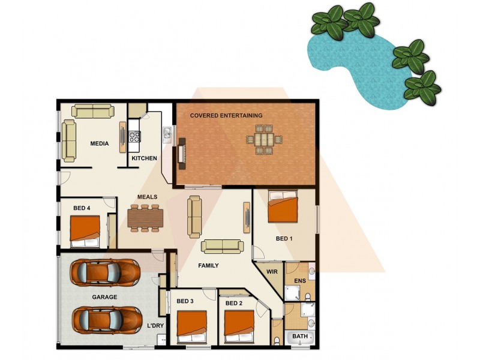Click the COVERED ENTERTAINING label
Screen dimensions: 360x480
pyautogui.click(x=226, y=115)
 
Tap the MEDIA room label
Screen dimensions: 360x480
pyautogui.click(x=100, y=144)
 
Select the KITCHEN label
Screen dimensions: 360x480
pyautogui.click(x=145, y=158)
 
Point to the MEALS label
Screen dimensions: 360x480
pyautogui.click(x=147, y=197)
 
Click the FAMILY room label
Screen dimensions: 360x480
pyautogui.click(x=208, y=265)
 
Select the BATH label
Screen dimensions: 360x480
pyautogui.click(x=300, y=337)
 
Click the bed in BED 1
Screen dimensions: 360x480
pyautogui.click(x=282, y=207)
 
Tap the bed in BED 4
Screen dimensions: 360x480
pyautogui.click(x=85, y=231)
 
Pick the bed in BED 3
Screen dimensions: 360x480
pyautogui.click(x=192, y=327)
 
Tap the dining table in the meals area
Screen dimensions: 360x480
pyautogui.click(x=145, y=217)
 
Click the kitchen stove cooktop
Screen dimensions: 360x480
pyautogui.click(x=134, y=136)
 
